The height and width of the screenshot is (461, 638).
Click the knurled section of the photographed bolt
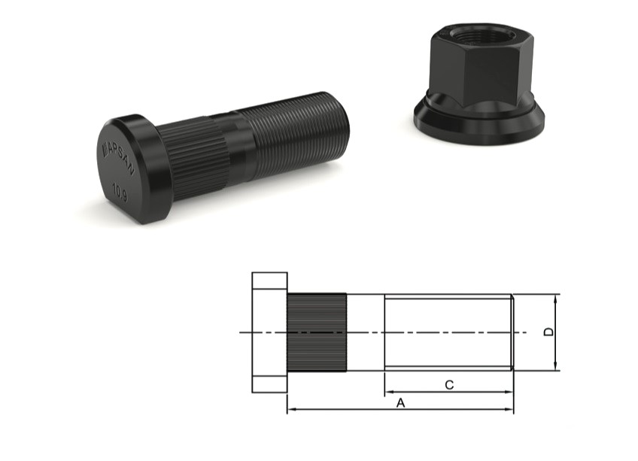[x=193, y=154]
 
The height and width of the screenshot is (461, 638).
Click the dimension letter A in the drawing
[x=400, y=403]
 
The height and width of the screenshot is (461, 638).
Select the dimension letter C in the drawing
[x=448, y=385]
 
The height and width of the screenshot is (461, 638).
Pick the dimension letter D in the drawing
[x=548, y=332]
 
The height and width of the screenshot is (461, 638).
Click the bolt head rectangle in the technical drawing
[x=269, y=332]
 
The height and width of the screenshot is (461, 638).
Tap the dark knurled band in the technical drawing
[x=317, y=332]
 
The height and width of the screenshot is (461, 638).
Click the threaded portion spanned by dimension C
[x=448, y=332]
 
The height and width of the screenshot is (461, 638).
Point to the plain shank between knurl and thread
[x=366, y=332]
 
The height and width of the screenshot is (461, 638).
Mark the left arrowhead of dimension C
[x=388, y=392]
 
